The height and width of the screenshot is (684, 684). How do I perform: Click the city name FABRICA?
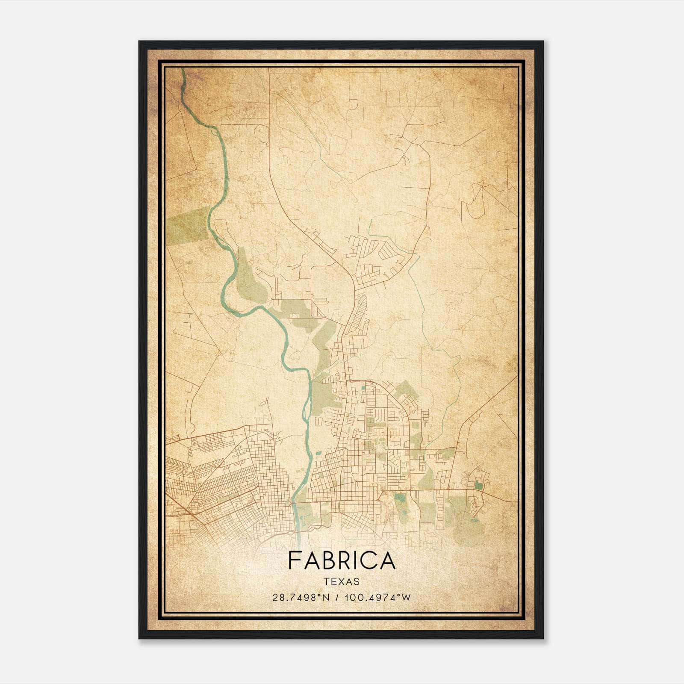[342, 560]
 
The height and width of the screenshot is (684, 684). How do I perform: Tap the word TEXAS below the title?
[342, 581]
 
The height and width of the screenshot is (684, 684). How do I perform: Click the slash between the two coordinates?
[338, 598]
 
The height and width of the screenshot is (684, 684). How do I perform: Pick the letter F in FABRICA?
[294, 560]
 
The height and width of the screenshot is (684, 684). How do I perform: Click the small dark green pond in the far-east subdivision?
[478, 486]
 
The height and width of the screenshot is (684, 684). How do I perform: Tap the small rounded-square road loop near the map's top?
[354, 104]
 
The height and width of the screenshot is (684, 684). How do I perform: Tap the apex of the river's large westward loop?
[223, 295]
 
